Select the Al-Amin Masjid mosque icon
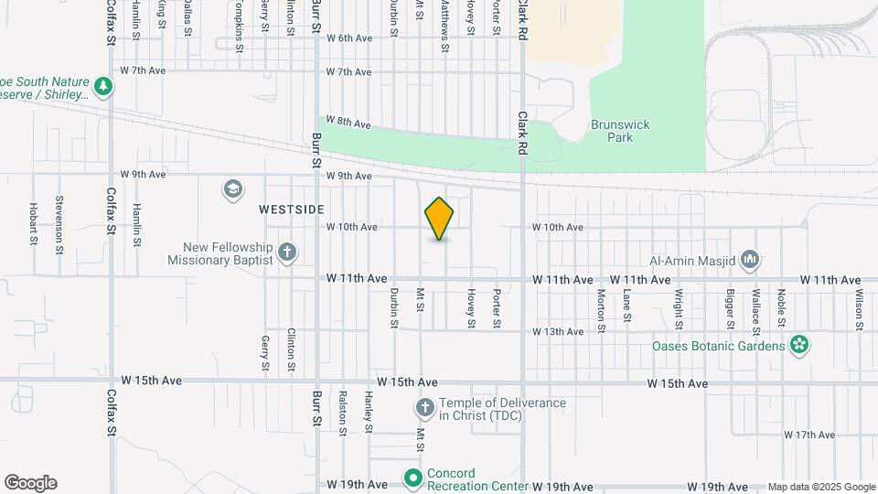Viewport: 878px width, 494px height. pos(750,260)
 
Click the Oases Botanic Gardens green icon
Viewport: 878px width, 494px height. pos(800,346)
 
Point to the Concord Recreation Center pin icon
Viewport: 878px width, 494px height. pos(412,478)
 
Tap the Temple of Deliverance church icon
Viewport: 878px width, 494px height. pos(424,407)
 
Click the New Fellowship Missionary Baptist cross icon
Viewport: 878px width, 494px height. pos(287,252)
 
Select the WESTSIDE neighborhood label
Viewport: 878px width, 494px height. pos(292,209)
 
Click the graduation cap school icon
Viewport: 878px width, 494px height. pos(232,189)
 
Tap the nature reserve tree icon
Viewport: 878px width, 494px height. pos(104,87)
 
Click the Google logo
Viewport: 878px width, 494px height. pos(30,483)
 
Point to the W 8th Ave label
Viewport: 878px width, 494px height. pos(348,122)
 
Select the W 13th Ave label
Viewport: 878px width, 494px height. pos(558,331)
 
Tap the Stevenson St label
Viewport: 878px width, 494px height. pos(59,220)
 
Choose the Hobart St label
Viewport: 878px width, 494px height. pos(33,224)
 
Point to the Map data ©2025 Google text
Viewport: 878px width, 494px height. pos(821,487)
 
